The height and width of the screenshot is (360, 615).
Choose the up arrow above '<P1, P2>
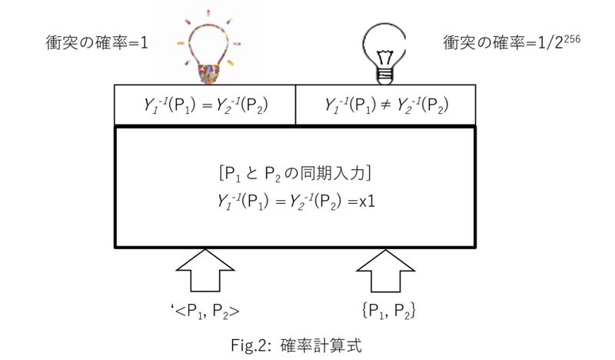coord(206,272)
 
